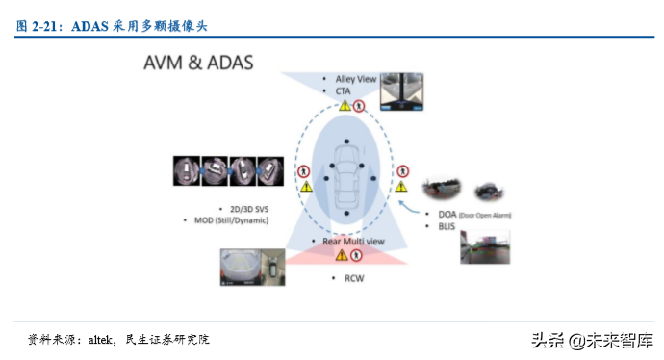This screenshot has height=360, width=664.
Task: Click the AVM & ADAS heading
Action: (x=197, y=64)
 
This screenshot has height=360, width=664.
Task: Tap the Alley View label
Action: (x=357, y=77)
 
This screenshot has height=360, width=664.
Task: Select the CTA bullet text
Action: (x=344, y=90)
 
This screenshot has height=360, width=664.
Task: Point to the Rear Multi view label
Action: (x=351, y=241)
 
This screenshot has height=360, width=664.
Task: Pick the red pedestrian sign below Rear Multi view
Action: (x=356, y=256)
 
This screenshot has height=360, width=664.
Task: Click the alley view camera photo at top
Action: (x=403, y=92)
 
